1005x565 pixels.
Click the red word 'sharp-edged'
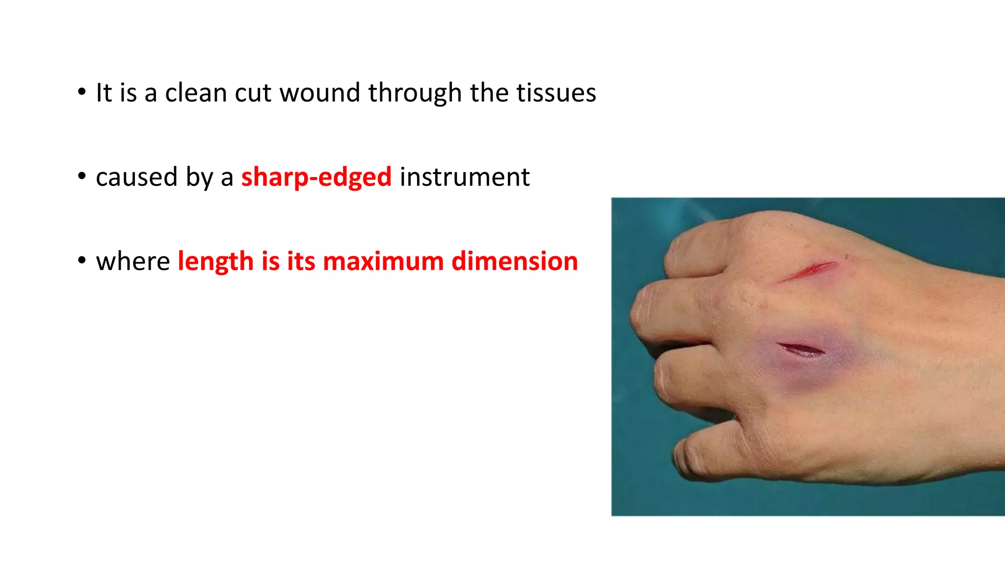[x=316, y=177]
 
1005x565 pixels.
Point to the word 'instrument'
[x=464, y=177]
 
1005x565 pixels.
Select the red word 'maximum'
[x=383, y=261]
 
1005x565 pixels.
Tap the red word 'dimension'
[x=514, y=261]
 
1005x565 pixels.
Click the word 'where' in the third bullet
[x=132, y=261]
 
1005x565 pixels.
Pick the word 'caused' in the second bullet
[x=136, y=177]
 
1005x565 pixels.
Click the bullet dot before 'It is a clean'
[x=82, y=92]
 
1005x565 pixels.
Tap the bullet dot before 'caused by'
[x=82, y=176]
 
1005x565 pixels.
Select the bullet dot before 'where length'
[x=82, y=260]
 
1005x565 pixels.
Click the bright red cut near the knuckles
[x=810, y=270]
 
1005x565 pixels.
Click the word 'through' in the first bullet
[x=415, y=93]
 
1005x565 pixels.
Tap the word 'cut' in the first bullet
[x=253, y=93]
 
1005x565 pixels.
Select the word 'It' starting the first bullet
[x=104, y=93]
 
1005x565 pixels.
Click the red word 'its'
[x=301, y=261]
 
